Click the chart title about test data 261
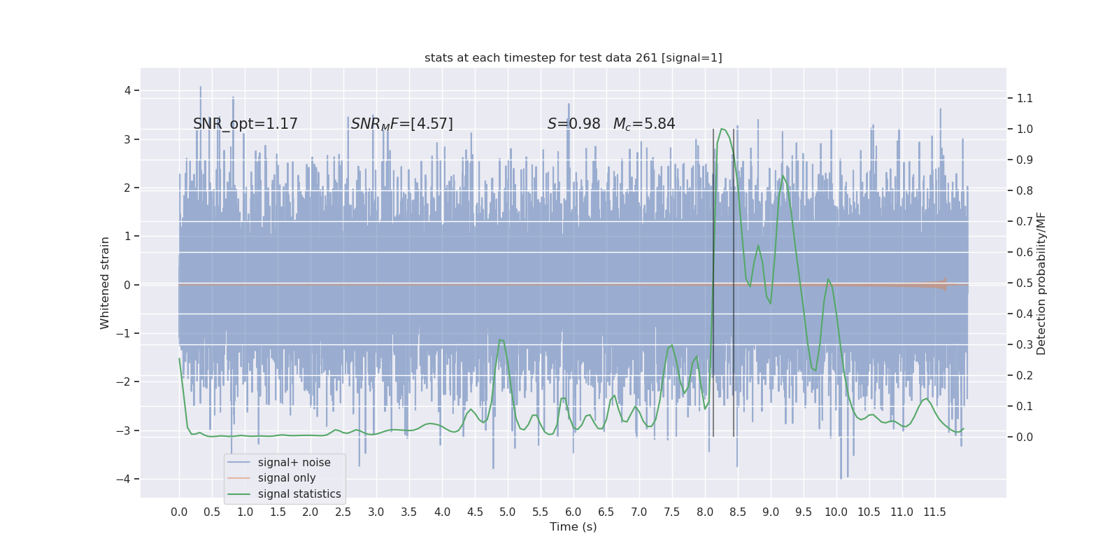coord(573,58)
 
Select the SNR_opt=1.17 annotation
coord(245,124)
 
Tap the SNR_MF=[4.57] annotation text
coord(401,124)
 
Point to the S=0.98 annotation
coord(573,124)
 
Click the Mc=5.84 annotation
coord(644,124)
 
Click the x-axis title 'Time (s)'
coord(573,527)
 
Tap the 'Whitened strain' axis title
coord(105,283)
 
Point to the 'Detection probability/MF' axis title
coord(1041,283)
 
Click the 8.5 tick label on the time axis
coord(738,512)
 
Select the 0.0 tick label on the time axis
coord(179,512)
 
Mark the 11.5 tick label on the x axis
coord(934,512)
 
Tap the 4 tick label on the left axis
coord(128,90)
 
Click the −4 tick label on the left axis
coord(124,479)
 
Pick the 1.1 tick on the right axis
coord(1025,99)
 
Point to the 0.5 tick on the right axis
coord(1025,283)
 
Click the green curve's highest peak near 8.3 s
coord(722,129)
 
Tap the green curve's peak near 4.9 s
coord(501,340)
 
